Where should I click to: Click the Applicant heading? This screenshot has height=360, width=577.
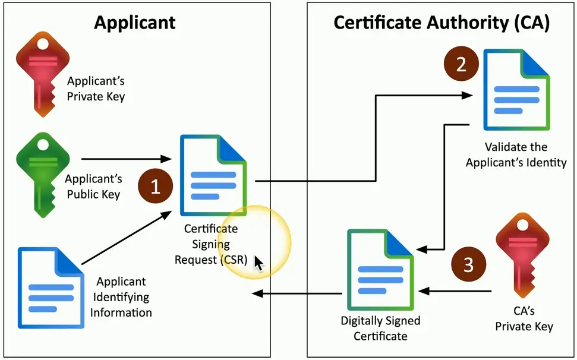click(x=135, y=23)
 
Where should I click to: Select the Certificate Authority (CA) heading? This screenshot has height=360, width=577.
click(x=442, y=23)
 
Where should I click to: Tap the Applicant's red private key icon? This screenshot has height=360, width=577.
click(x=40, y=74)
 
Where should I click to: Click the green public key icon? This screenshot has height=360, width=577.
click(x=40, y=172)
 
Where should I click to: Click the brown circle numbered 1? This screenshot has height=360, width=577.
click(x=155, y=187)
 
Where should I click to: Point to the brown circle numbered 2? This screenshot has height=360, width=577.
click(x=461, y=65)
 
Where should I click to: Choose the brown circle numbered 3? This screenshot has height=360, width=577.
click(x=468, y=264)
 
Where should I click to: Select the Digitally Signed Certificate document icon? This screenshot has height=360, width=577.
click(x=379, y=271)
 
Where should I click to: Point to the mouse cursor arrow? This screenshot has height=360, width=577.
click(x=258, y=263)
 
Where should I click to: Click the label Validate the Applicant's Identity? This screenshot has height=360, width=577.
click(x=516, y=154)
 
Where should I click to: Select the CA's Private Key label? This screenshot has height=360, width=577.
click(x=524, y=318)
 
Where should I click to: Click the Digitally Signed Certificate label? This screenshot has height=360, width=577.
click(x=380, y=328)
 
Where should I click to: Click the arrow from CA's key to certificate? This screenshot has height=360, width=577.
click(x=455, y=291)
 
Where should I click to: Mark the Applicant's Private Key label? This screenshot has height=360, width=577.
click(x=96, y=89)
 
